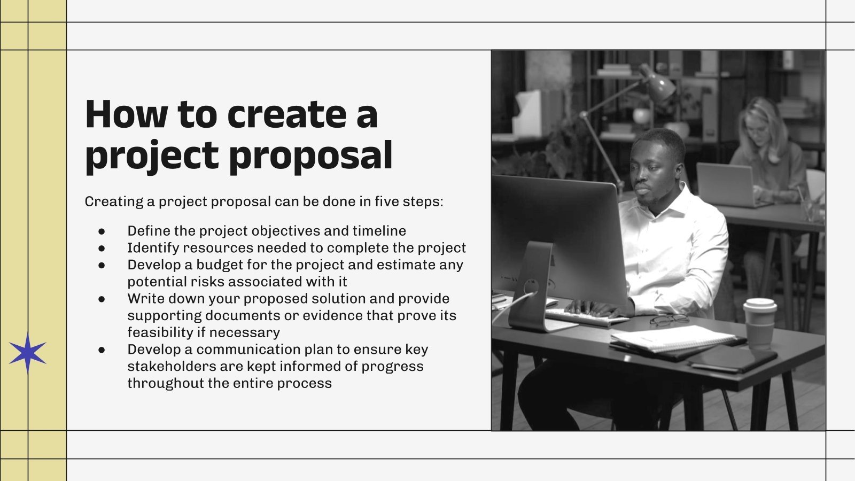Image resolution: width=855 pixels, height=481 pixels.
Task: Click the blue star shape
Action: pyautogui.click(x=27, y=353)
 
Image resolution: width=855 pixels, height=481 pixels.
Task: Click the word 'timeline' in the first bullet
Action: pyautogui.click(x=379, y=231)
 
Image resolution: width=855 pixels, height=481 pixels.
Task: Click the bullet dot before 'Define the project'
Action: pyautogui.click(x=102, y=231)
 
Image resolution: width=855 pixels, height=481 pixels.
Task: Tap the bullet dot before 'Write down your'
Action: pyautogui.click(x=102, y=299)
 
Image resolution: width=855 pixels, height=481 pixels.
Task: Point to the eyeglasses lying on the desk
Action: pyautogui.click(x=669, y=320)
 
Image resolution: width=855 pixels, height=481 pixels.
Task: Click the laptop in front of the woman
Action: pyautogui.click(x=725, y=185)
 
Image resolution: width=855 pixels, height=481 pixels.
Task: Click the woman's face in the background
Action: pyautogui.click(x=758, y=128)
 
